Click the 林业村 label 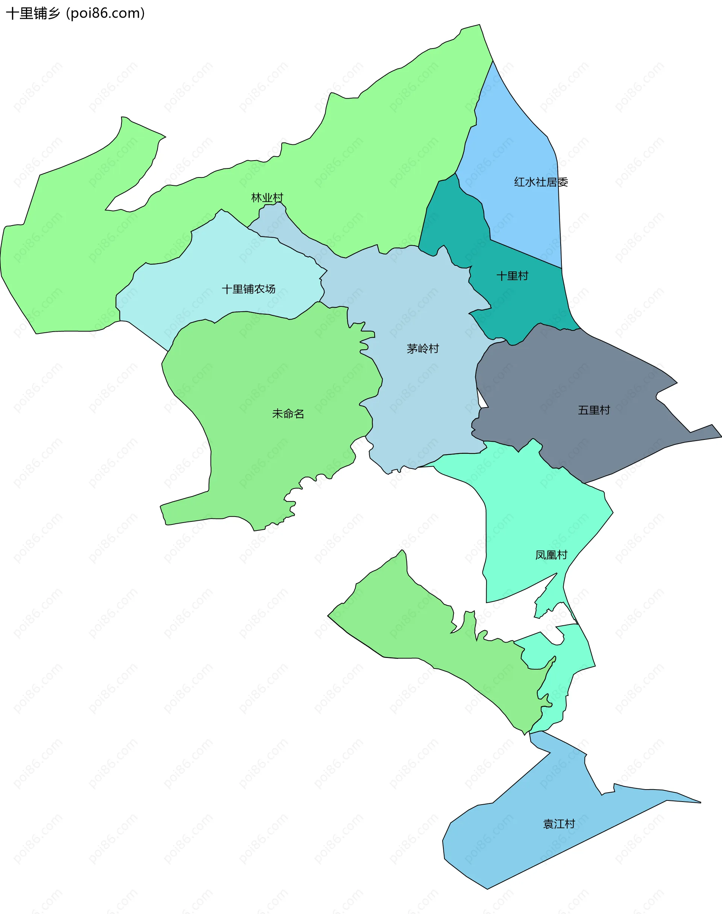[x=267, y=198]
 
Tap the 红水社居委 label [x=541, y=182]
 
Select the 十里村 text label [x=512, y=276]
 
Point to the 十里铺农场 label [x=249, y=289]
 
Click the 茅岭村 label [x=423, y=349]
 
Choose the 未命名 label [x=288, y=414]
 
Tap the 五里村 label [x=594, y=410]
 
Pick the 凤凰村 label [x=551, y=555]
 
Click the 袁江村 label [x=559, y=824]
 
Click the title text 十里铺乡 [x=33, y=14]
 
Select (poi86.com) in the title [x=106, y=14]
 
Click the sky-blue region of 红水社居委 [x=520, y=139]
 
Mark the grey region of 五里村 [x=562, y=380]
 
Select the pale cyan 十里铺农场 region [x=211, y=262]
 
